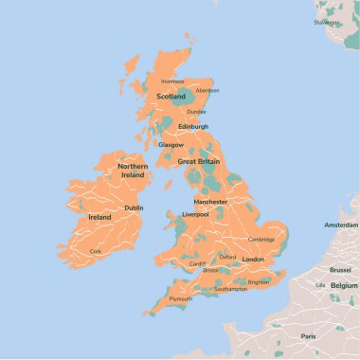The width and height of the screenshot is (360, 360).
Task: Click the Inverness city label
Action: coord(172,81)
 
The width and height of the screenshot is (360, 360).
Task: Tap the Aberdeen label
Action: coord(207,90)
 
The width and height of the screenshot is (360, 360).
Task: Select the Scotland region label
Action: coord(171,96)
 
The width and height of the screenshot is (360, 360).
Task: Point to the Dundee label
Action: coord(196,111)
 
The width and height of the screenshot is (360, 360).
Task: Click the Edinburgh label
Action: coord(192,126)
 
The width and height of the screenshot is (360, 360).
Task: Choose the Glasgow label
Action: coord(171,145)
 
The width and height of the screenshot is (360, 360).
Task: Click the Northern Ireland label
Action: coord(133,171)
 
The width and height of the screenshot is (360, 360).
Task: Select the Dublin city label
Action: coord(134,207)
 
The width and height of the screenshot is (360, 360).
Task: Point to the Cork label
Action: coord(95,251)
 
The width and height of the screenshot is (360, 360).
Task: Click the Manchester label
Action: coord(209,202)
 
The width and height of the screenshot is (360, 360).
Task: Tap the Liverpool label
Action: coord(195,214)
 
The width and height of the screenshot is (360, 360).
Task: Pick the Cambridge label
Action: coord(261,239)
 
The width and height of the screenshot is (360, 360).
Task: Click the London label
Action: coord(253,259)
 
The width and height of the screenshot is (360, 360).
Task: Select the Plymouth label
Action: coord(180,298)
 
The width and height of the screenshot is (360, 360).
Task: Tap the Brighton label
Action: coord(258,281)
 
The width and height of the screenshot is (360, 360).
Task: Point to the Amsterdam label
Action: coord(341,225)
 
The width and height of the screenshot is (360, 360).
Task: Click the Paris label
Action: coord(308,336)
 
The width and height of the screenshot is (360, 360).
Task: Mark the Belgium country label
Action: coord(344,284)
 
